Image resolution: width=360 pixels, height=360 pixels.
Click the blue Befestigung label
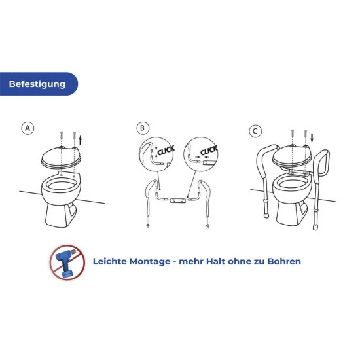38,84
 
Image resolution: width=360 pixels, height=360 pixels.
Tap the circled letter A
27,129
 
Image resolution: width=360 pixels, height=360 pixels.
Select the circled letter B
143,128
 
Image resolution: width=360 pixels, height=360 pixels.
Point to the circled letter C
257,131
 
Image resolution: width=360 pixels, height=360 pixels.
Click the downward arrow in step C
313,137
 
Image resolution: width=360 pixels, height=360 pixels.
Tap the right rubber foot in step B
207,226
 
